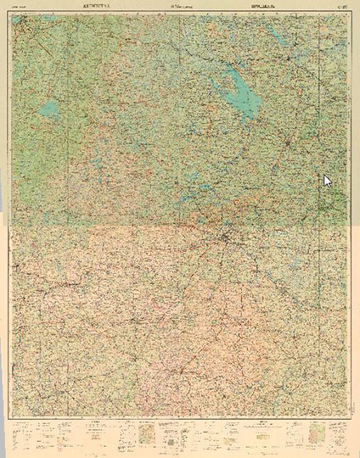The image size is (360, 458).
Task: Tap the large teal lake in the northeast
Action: click(x=233, y=88)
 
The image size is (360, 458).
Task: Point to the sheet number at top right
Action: click(x=340, y=5)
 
